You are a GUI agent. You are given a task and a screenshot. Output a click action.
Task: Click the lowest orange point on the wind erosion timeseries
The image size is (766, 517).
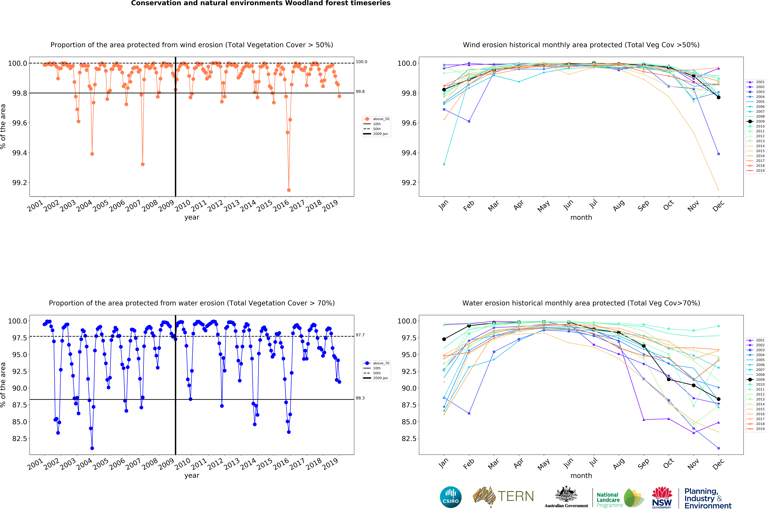point(289,190)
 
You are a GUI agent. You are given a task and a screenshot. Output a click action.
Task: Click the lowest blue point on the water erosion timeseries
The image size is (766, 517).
point(92,448)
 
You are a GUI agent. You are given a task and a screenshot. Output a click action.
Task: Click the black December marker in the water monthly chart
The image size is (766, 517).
point(719,399)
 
